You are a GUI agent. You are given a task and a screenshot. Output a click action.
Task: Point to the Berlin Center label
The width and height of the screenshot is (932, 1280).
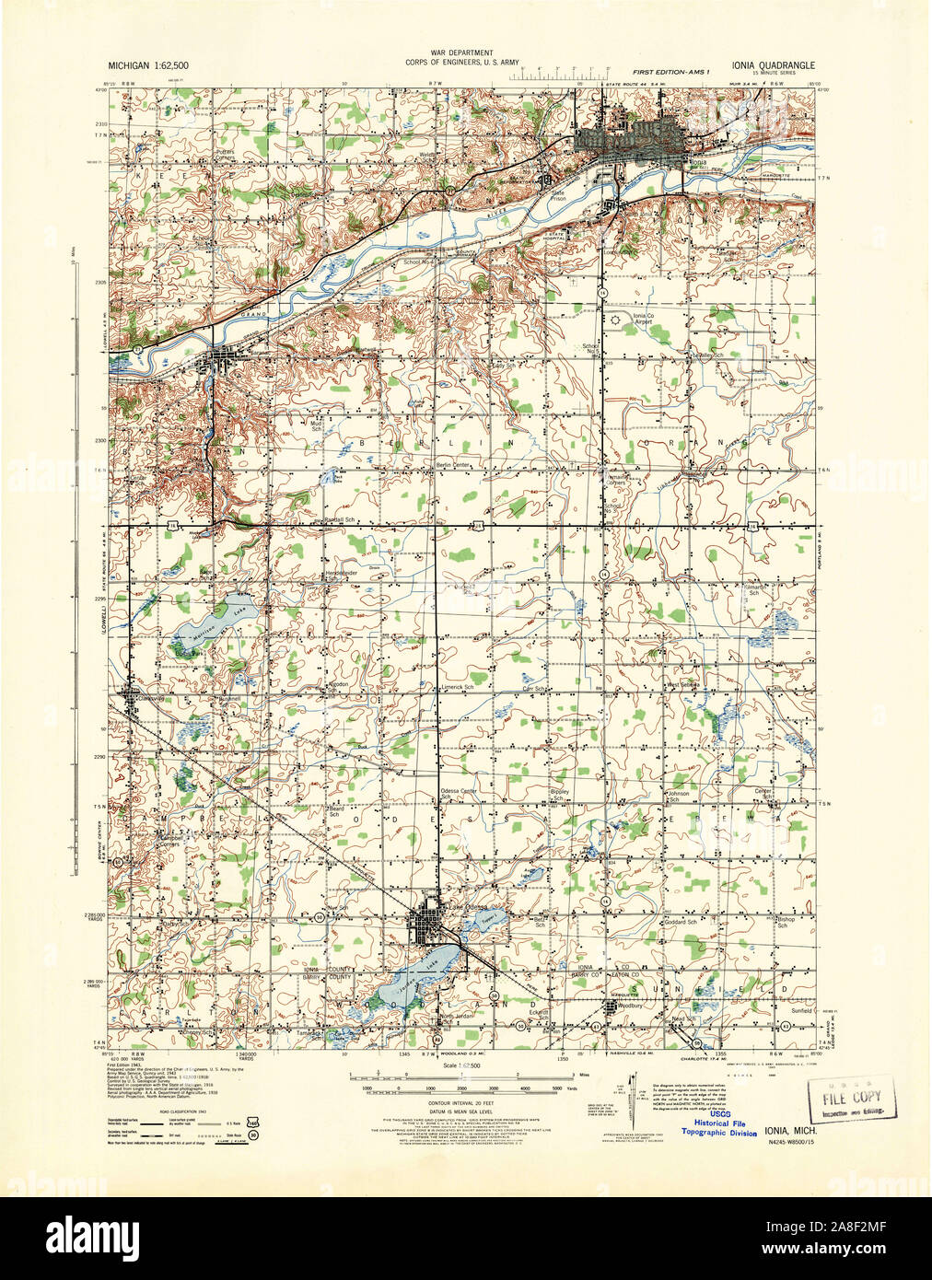[x=453, y=466]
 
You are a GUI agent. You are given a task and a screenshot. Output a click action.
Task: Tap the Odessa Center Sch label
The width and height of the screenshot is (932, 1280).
[x=458, y=793]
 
